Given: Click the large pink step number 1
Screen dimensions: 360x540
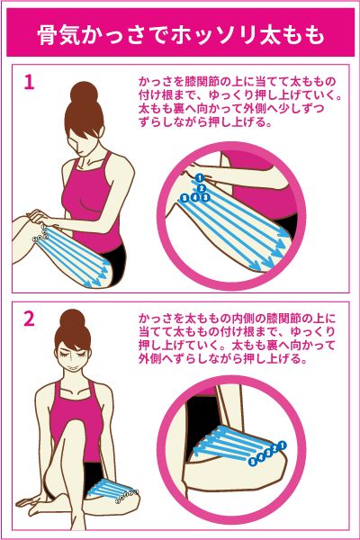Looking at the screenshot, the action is (30, 82).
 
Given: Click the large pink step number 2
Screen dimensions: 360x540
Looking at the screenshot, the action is (30, 319).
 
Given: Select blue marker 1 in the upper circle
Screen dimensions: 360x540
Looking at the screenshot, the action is (200, 178).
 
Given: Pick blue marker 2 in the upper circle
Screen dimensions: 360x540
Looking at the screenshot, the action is (202, 188).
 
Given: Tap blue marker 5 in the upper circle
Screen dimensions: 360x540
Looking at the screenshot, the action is (185, 198).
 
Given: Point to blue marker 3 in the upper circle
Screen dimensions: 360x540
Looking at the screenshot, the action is (206, 197).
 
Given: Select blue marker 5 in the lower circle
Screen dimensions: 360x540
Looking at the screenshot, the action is (253, 462).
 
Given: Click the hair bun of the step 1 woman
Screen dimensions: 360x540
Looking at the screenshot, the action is (84, 93).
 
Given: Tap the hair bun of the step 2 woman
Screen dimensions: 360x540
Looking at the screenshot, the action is (72, 319).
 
